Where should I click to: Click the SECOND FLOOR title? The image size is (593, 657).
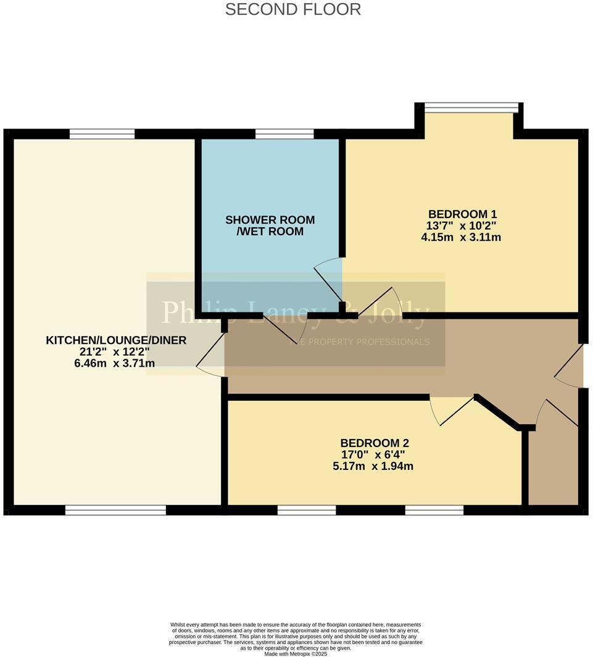point(293,9)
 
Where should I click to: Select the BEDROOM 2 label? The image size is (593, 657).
point(375,443)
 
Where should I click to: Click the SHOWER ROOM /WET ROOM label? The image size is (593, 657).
point(270,225)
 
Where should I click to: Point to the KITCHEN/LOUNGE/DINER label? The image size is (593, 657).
point(116,340)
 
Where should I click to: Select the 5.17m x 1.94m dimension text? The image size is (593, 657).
point(373,466)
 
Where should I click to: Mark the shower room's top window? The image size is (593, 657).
point(284,134)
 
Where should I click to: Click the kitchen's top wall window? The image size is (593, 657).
point(102,134)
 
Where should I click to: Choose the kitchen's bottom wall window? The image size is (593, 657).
point(115,510)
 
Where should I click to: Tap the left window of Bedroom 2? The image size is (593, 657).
point(307,510)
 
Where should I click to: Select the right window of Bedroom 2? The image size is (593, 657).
point(434,510)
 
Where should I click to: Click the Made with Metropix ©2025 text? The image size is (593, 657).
point(296,653)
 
